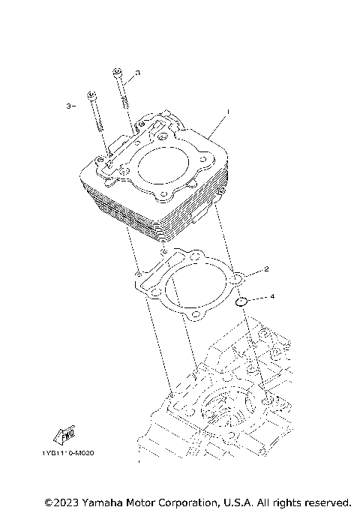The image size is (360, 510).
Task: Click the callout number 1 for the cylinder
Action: pyautogui.click(x=228, y=112)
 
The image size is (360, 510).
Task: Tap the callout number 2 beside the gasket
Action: pyautogui.click(x=267, y=268)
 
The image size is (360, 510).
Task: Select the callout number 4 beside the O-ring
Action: pyautogui.click(x=272, y=297)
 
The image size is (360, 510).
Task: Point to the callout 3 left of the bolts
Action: pyautogui.click(x=69, y=106)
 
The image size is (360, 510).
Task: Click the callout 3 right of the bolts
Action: pyautogui.click(x=137, y=74)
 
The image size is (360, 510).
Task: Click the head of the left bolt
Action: pyautogui.click(x=91, y=94)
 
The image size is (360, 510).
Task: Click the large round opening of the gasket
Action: pyautogui.click(x=194, y=292)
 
